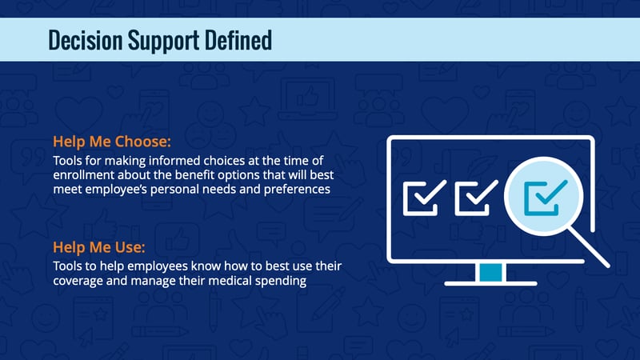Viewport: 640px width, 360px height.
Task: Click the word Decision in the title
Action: pos(86,40)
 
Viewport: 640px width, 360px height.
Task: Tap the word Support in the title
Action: pos(164,41)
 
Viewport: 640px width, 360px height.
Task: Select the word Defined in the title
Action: pos(238,39)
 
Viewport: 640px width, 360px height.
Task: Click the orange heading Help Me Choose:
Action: pos(112,142)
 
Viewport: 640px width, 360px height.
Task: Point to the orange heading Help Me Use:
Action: pos(99,247)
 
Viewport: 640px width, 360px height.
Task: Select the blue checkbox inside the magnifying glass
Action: pos(546,198)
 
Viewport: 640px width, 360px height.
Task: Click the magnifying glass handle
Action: pos(589,247)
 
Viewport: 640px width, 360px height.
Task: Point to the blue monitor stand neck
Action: pos(490,272)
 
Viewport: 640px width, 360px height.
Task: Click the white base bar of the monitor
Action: pos(490,283)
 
